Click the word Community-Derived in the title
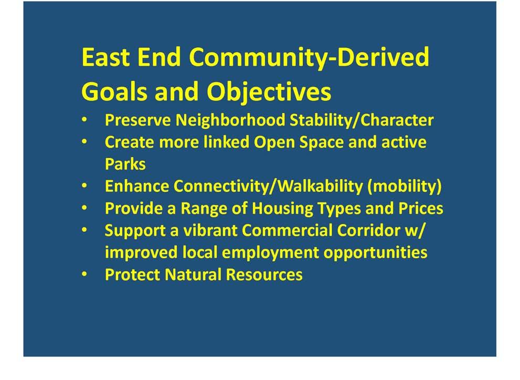[x=310, y=57]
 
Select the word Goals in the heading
[x=114, y=91]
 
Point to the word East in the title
[x=105, y=57]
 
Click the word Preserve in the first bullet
[x=137, y=120]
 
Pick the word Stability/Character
[x=362, y=120]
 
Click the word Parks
[x=125, y=164]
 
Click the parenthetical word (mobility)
[x=404, y=187]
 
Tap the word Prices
[x=420, y=208]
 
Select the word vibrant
[x=210, y=231]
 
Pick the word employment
[x=270, y=253]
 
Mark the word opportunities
[x=375, y=253]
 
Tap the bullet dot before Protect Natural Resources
[x=84, y=274]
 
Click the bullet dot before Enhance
[x=84, y=186]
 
